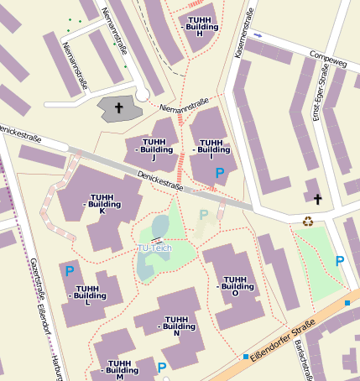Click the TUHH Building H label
click(x=200, y=26)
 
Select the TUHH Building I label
click(x=211, y=149)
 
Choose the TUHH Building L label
click(x=90, y=290)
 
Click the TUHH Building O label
click(x=235, y=286)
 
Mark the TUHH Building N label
click(x=176, y=326)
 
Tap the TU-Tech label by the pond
click(x=154, y=249)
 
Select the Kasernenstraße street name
click(x=243, y=41)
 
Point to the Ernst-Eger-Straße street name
click(x=321, y=93)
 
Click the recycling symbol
click(x=308, y=222)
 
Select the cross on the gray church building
click(x=118, y=108)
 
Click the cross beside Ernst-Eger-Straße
click(x=318, y=199)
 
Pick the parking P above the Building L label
click(x=70, y=271)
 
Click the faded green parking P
click(x=203, y=216)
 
